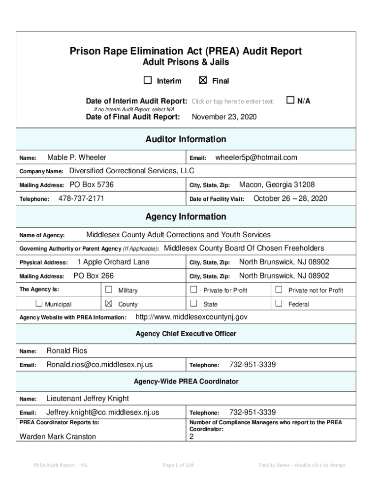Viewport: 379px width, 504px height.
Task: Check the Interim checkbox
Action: point(148,81)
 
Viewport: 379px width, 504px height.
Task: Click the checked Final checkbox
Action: point(203,81)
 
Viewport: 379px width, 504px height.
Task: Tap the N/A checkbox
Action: point(290,100)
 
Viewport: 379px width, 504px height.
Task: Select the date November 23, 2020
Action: point(223,117)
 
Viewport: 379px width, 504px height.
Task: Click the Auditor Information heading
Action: point(186,139)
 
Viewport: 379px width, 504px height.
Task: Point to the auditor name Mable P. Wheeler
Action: point(76,157)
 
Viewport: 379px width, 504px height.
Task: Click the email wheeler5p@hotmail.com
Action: point(256,157)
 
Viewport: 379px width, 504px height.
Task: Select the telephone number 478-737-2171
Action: point(81,199)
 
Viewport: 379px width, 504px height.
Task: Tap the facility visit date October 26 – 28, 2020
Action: point(290,199)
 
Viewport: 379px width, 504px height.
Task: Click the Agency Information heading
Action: point(186,217)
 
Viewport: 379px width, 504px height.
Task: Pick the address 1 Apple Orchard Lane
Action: point(113,262)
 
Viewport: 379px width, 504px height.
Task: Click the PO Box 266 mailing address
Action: point(94,276)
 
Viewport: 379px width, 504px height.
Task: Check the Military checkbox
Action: point(109,289)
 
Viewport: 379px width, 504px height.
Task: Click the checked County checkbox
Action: point(109,303)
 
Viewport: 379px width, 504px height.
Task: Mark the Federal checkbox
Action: point(279,303)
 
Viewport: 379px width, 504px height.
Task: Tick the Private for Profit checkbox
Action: point(193,289)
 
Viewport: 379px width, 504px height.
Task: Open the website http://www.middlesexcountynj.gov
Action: point(191,316)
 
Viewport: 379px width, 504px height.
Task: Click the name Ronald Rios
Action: point(66,350)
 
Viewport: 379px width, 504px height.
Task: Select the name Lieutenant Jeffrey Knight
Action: point(87,398)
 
